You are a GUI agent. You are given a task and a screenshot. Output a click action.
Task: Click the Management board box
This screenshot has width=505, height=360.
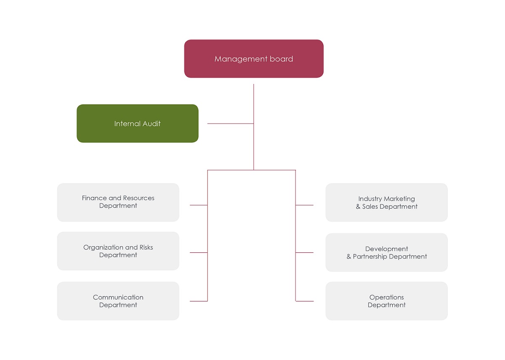pos(254,59)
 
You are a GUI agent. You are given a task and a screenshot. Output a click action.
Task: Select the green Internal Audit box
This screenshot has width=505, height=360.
pos(138,124)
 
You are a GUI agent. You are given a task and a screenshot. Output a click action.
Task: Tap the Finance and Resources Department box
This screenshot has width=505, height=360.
pos(118,203)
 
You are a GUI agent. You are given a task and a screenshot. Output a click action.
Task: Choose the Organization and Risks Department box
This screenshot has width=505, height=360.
pos(118,251)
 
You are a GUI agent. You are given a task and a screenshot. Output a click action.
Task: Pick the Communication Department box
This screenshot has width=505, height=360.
pos(118,301)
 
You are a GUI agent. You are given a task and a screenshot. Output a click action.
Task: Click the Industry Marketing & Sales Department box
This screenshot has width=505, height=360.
pos(386,203)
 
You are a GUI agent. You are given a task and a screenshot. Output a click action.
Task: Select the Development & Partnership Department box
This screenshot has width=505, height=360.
pos(386,252)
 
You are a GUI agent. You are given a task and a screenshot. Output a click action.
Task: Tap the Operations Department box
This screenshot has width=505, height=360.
pos(386,301)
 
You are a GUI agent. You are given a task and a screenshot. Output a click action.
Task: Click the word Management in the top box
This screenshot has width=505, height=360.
pos(241,59)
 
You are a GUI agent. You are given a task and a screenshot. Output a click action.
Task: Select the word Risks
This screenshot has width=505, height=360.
pos(146,247)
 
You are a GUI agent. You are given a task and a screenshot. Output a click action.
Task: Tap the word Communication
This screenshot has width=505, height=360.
pos(118,297)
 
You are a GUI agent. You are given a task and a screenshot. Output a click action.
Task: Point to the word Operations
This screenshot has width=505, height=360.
pos(386,298)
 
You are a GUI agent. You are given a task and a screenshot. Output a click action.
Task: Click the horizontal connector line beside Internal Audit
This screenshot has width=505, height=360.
pos(231,124)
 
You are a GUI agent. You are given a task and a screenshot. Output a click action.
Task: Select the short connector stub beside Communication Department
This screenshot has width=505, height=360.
pos(199,301)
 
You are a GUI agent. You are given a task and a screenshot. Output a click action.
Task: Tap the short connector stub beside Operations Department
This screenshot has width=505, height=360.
pos(305,301)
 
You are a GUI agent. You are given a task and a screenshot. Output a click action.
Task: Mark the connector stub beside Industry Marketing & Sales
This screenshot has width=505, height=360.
pos(304,205)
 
